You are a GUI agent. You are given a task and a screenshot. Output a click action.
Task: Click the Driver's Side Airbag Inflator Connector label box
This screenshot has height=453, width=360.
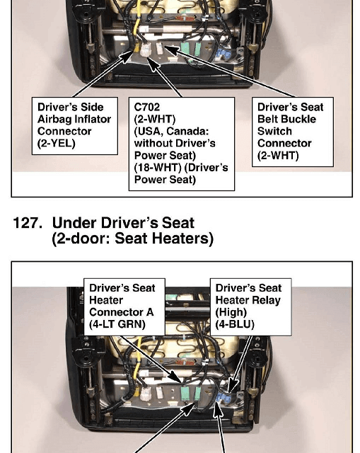[x=75, y=126]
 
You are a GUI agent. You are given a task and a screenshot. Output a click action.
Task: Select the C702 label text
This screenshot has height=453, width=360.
[x=146, y=107]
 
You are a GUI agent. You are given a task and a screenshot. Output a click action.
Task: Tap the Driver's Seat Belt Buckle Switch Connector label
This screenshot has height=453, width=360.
[x=292, y=132]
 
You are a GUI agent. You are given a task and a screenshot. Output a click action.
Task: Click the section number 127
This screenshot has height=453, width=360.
[x=28, y=223]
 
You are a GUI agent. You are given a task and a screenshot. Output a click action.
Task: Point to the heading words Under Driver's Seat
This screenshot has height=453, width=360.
[x=123, y=223]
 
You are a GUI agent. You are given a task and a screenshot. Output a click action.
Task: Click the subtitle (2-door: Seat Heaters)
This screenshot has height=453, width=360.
[x=132, y=239]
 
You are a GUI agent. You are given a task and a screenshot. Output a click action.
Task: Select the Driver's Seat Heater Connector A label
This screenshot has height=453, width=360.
[x=124, y=306]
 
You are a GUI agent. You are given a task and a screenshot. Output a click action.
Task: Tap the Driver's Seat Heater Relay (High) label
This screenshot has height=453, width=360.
[x=250, y=306]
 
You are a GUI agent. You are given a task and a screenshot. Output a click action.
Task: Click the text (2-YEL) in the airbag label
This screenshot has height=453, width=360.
[x=57, y=144]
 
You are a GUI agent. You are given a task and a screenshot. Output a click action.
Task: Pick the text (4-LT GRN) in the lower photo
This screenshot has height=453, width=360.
[x=117, y=324]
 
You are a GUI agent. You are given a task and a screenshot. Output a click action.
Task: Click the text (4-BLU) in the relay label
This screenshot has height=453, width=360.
[x=235, y=324]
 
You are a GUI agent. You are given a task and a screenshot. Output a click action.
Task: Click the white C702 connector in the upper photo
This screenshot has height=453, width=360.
[x=146, y=50]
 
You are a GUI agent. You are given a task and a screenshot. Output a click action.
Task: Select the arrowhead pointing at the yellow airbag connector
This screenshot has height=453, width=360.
[x=127, y=57]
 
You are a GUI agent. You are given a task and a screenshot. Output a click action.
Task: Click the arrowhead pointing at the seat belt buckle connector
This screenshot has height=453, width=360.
[x=171, y=50]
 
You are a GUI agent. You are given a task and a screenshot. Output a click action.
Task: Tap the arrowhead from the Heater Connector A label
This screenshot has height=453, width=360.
[x=176, y=377]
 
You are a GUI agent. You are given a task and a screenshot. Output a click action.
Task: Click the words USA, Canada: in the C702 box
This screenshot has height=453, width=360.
[x=171, y=132]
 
